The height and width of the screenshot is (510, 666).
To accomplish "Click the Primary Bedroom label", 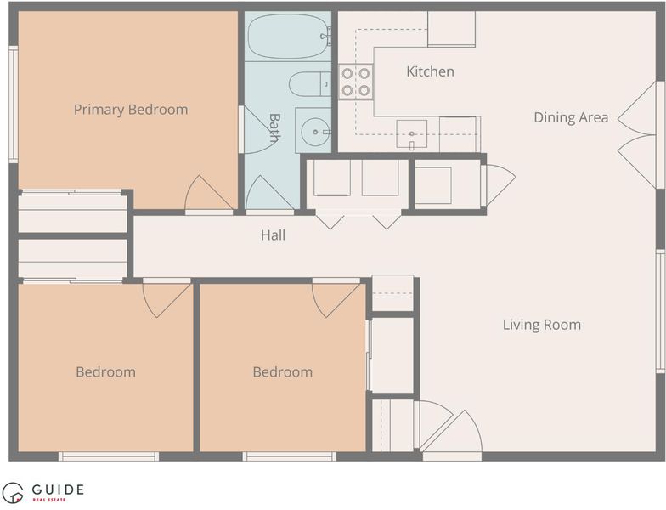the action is [131, 110].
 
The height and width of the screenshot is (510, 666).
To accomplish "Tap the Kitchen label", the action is [430, 71].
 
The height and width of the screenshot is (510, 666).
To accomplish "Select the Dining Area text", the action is [571, 117].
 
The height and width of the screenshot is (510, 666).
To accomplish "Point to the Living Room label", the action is [542, 325].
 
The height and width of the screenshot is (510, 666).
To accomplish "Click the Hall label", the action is [274, 235].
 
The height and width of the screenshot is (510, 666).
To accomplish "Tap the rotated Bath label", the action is [274, 127].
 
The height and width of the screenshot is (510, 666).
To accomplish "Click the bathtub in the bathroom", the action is [289, 36].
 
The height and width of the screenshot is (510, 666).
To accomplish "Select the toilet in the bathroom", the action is [310, 84].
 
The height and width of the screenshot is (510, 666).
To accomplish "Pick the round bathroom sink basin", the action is [315, 132].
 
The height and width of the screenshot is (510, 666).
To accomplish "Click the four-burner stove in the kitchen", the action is [356, 82].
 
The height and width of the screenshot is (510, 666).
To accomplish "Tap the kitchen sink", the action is [411, 134].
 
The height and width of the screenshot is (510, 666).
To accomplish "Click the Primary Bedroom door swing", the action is [209, 193].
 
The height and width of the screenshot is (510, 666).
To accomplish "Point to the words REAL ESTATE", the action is [49, 500].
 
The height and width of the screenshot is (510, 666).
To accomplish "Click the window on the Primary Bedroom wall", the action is [14, 104].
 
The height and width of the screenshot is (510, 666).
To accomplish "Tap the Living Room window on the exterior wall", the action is [660, 311].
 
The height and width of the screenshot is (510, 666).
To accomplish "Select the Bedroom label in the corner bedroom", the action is [105, 372].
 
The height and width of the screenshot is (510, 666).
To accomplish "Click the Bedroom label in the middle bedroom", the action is [282, 372].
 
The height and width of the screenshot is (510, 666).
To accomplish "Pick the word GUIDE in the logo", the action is [58, 490].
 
